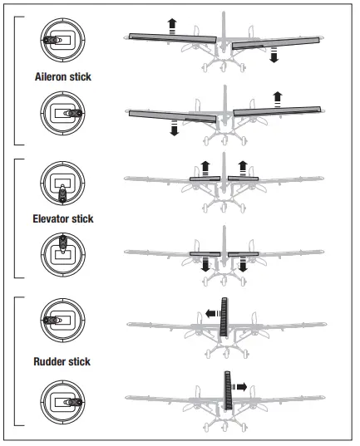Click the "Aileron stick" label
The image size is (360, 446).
63,76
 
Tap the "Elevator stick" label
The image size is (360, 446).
63,219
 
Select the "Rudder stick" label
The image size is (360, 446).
63,361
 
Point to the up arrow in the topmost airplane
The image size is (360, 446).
172,25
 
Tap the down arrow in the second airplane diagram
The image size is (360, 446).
173,129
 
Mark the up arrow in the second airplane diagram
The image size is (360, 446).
277,97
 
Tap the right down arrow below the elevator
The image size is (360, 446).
243,264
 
